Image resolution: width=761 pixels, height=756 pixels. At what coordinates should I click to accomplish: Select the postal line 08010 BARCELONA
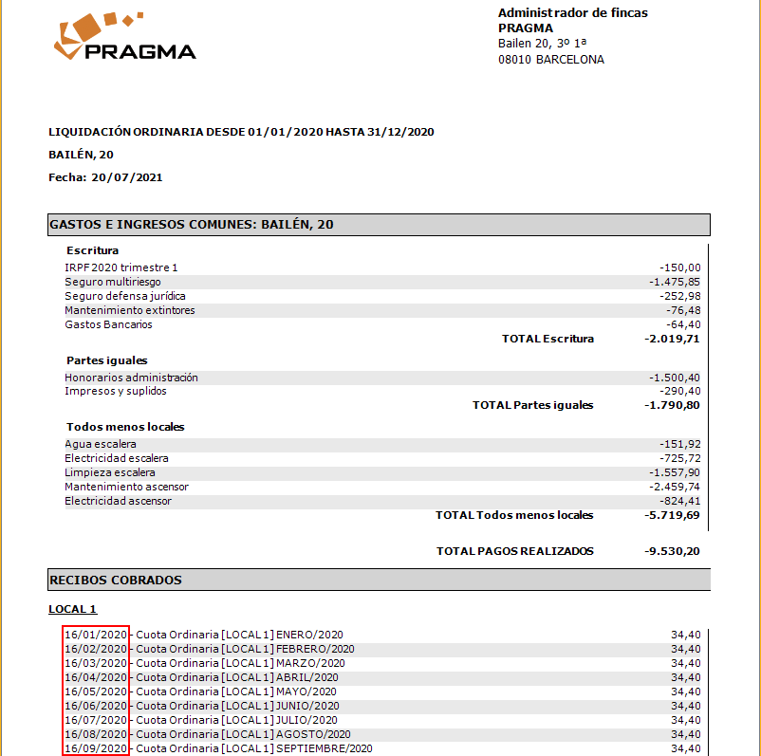point(550,60)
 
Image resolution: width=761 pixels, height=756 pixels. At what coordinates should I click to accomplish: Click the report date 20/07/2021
point(127,176)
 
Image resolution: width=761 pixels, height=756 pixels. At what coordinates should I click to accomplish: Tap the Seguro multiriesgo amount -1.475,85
point(675,282)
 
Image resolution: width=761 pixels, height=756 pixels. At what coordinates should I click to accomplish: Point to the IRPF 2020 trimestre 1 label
point(121,267)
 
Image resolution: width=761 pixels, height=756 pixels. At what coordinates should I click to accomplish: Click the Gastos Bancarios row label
point(108,324)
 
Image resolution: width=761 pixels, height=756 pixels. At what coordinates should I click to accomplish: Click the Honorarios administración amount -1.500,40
point(675,378)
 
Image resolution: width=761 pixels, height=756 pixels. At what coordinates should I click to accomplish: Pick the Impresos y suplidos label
point(116,391)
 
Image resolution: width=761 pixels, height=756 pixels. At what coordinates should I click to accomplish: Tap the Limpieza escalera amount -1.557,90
point(675,472)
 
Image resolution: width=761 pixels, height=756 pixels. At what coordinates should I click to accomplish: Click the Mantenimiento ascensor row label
point(126,487)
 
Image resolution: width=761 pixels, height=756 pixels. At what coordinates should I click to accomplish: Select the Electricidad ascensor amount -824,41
point(679,501)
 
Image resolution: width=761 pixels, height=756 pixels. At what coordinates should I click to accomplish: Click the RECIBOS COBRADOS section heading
point(115,580)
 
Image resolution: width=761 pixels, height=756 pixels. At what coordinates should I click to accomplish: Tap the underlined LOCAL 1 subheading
point(73,609)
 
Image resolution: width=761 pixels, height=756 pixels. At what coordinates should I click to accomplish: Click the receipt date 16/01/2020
point(96,635)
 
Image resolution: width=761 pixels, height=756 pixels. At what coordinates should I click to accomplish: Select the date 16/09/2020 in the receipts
point(96,748)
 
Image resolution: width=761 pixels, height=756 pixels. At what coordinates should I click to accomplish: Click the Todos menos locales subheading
point(125,427)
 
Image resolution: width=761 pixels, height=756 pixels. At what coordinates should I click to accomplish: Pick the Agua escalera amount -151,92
point(679,444)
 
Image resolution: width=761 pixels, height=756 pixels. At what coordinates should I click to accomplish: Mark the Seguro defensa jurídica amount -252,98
point(679,296)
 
